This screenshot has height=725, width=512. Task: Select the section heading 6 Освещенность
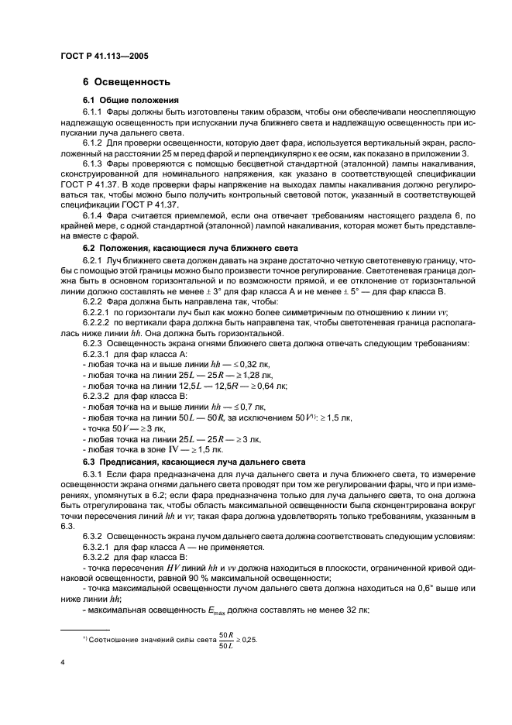[x=126, y=82]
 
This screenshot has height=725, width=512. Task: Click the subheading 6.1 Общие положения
[x=131, y=101]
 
